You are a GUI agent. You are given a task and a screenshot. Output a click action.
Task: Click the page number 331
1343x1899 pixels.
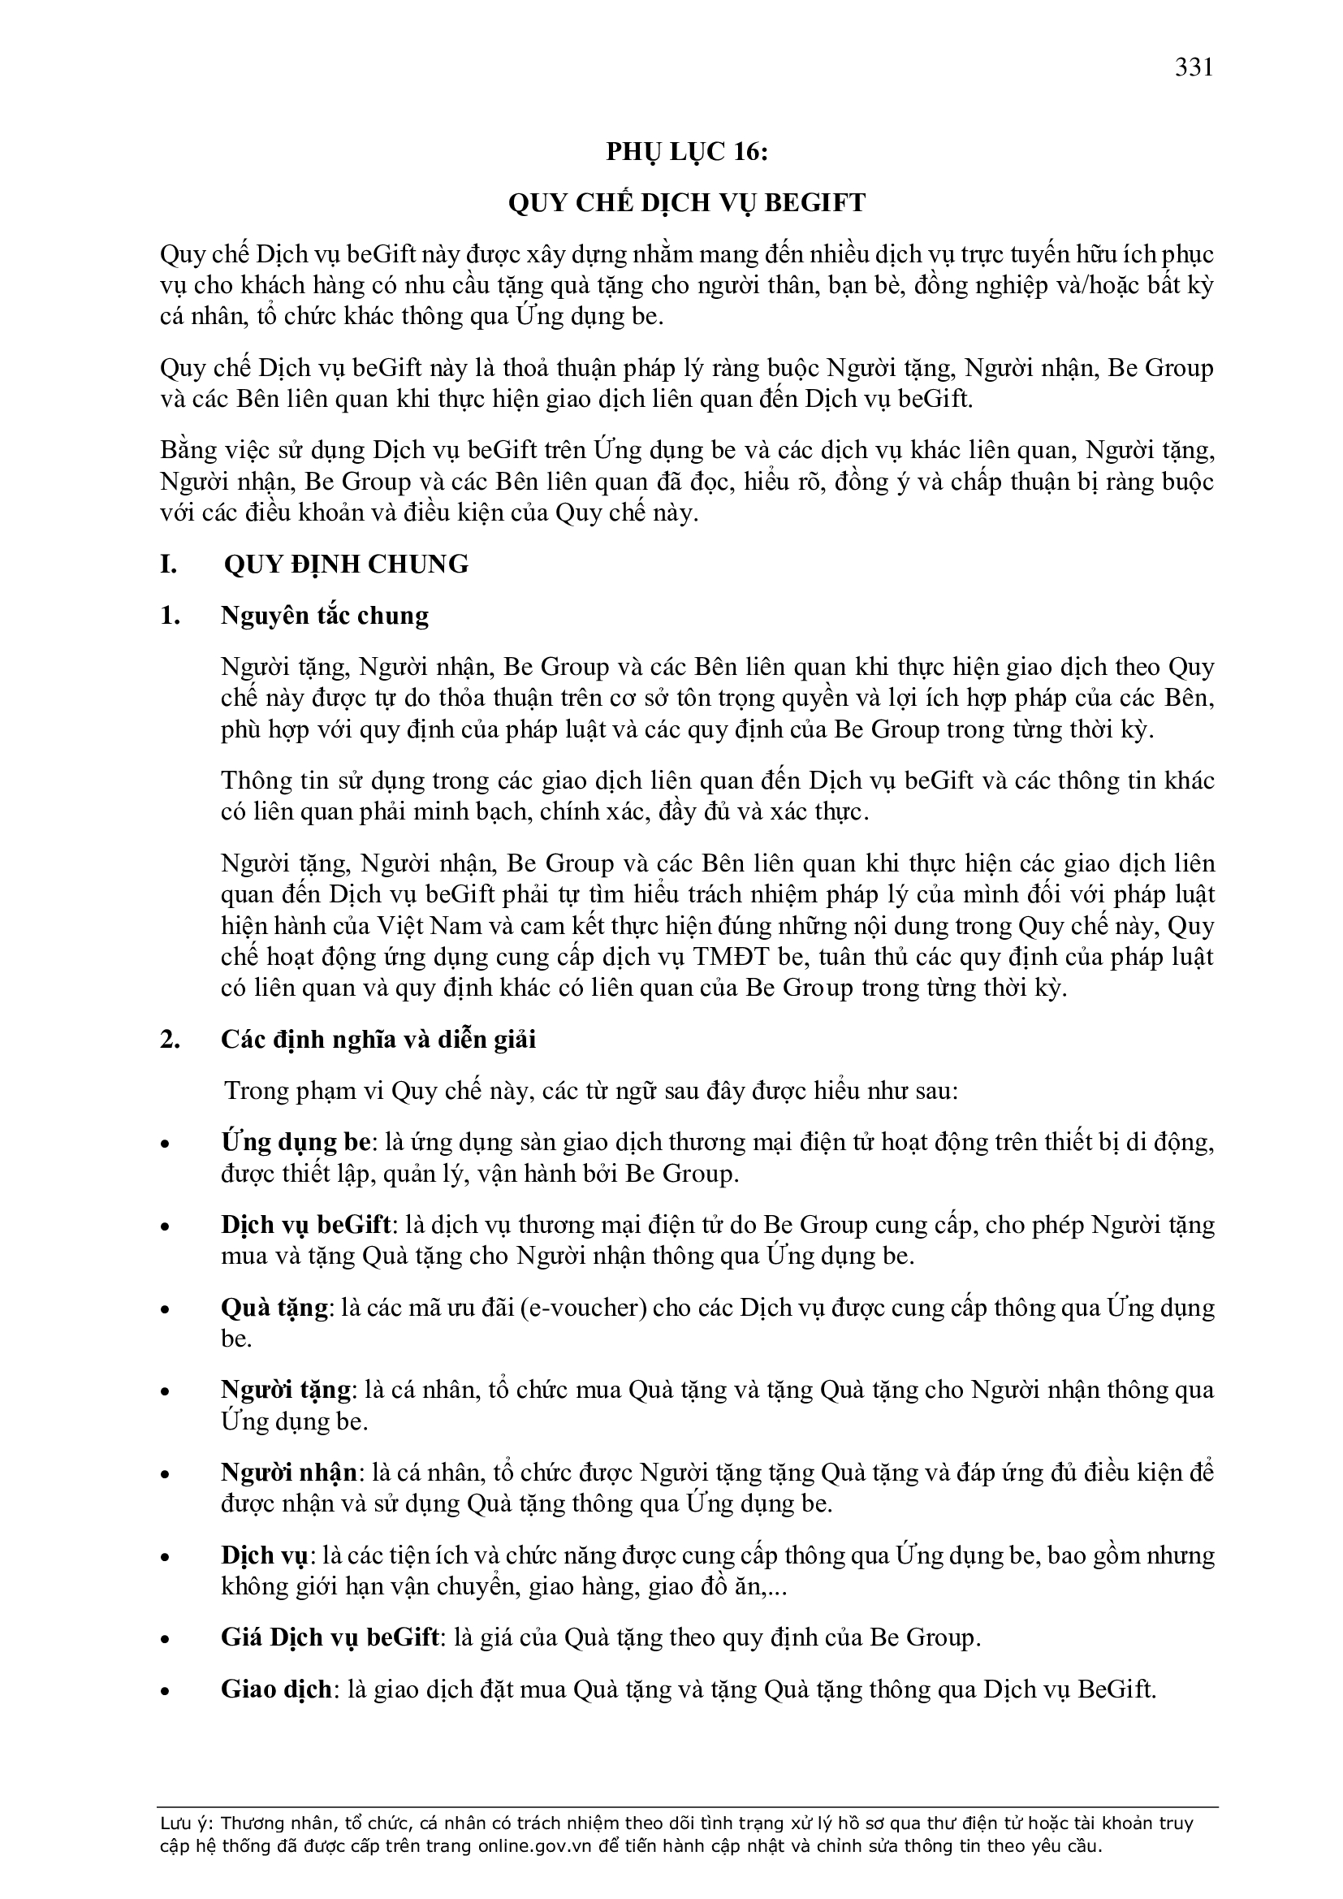(1194, 67)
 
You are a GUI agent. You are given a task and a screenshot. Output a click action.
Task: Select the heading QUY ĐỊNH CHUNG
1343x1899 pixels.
(346, 564)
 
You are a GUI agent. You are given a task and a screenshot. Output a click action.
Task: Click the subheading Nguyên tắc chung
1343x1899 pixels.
(324, 616)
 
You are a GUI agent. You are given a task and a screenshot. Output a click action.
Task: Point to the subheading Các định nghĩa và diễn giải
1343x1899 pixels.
(378, 1039)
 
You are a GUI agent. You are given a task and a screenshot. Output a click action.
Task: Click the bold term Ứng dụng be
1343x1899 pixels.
(296, 1142)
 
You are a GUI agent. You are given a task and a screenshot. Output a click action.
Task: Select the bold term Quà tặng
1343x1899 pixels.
(274, 1308)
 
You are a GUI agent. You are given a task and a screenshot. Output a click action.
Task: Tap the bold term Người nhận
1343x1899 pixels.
(288, 1473)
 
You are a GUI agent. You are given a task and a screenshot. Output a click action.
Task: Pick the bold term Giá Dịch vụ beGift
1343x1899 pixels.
(329, 1637)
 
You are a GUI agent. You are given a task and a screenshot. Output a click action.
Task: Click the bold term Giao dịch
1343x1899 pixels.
(276, 1689)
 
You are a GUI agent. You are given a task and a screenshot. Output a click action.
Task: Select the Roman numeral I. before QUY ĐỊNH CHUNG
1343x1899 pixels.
(169, 564)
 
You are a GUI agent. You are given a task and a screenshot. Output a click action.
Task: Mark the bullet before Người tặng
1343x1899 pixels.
(166, 1393)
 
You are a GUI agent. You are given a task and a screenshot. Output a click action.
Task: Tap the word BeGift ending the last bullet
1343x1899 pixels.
(1116, 1689)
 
